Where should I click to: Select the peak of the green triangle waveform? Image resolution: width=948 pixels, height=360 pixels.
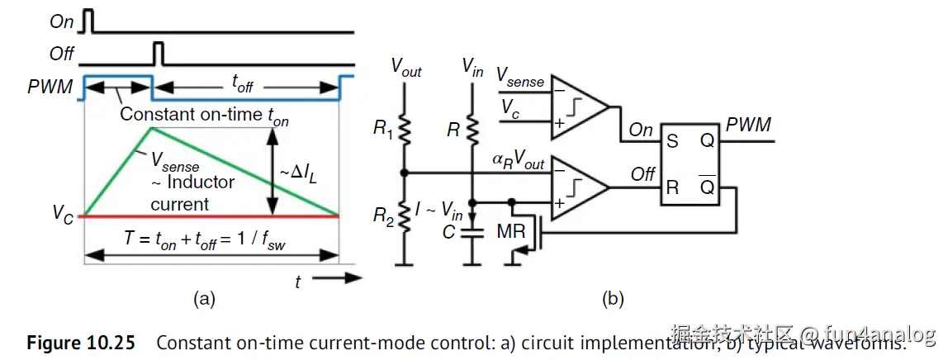pos(149,127)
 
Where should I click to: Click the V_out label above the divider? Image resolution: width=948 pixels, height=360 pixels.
pos(405,69)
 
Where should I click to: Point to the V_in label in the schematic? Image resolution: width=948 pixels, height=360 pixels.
pos(473,65)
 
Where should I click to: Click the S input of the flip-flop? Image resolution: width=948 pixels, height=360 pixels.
pos(672,142)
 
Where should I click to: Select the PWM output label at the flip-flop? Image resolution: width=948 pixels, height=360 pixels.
pos(748,126)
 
